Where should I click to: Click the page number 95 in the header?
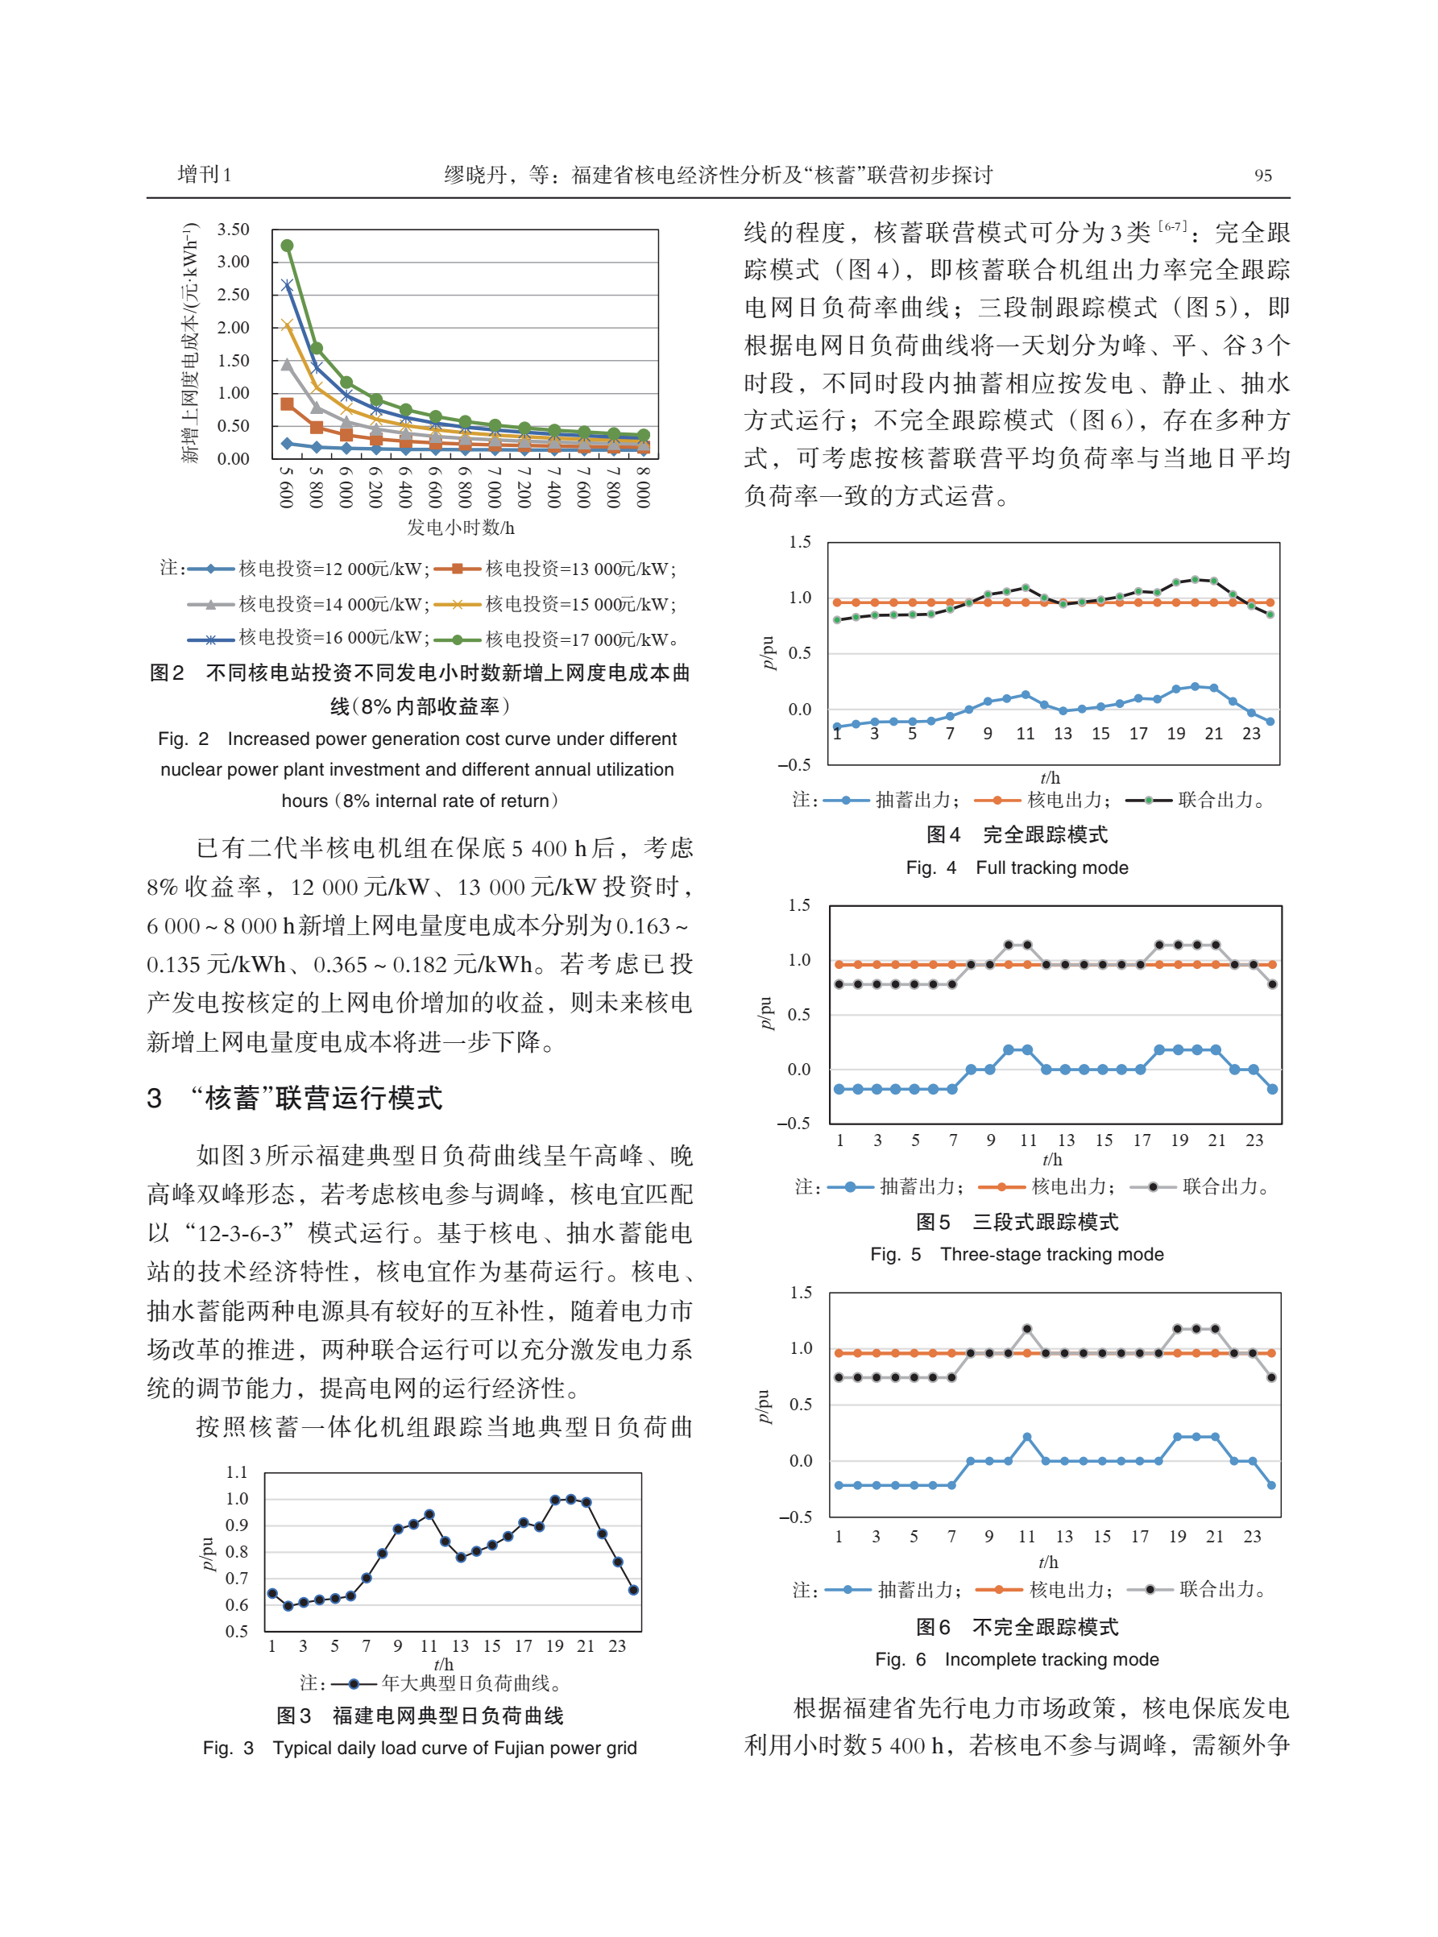pos(1262,176)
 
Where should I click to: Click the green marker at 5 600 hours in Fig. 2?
pos(286,246)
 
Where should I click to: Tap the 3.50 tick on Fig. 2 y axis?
pos(234,230)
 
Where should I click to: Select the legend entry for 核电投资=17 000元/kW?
pos(580,639)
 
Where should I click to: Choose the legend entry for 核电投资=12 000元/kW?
pos(333,569)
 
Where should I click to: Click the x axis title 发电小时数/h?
pos(461,528)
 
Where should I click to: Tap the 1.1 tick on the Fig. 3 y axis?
pos(237,1472)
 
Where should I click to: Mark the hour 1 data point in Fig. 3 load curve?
pos(272,1593)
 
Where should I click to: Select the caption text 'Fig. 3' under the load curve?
pos(228,1749)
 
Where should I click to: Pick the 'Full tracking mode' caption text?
pos(1051,867)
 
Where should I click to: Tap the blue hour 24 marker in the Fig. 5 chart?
pos(1272,1089)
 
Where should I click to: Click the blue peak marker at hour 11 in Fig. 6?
pos(1027,1437)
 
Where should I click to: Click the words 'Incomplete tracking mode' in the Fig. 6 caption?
pos(1051,1659)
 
